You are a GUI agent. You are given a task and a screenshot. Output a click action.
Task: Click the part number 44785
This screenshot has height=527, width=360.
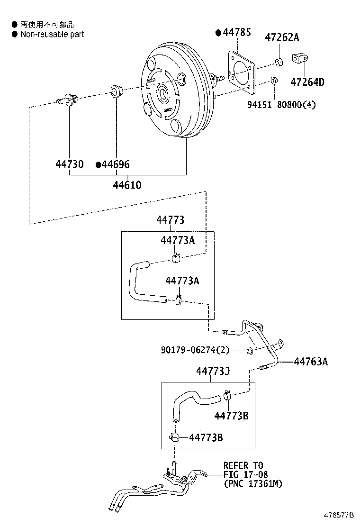point(237,32)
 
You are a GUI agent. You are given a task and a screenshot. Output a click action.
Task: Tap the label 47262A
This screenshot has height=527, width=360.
point(282,37)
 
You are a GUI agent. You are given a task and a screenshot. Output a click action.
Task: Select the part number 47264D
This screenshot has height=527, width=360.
point(307,82)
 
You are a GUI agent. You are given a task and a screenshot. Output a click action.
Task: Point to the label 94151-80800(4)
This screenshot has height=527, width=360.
point(281,105)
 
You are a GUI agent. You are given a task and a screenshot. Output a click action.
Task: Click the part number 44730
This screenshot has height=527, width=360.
point(70,164)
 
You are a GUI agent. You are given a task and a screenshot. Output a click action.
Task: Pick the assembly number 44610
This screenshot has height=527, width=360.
point(127,185)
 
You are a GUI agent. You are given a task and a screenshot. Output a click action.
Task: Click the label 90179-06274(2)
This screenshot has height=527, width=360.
point(195,350)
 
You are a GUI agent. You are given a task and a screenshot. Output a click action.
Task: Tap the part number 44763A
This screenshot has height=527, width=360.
point(311,362)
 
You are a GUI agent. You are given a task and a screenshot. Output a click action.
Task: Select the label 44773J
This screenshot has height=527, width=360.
point(213,371)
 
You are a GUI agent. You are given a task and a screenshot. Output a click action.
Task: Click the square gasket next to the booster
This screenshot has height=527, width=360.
point(242,72)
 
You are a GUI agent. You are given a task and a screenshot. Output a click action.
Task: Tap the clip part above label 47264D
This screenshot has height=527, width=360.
point(300,58)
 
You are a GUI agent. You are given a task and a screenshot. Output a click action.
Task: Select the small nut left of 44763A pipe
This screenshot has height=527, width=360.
point(250,351)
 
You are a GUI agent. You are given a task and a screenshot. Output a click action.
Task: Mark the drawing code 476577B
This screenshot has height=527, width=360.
point(339,515)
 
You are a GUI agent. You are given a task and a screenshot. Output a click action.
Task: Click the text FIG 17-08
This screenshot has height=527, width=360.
point(245,474)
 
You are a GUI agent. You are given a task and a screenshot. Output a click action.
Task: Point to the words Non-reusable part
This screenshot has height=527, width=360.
point(52,34)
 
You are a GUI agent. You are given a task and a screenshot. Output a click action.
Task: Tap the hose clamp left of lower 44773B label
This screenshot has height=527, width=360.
point(174,437)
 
